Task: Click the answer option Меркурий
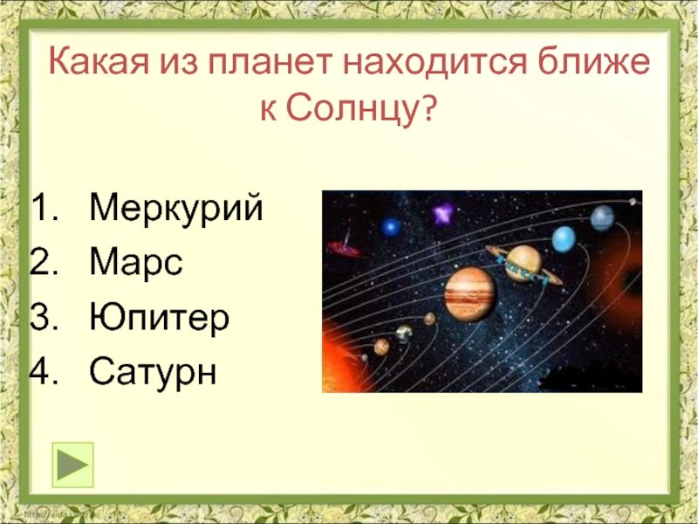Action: [x=176, y=208]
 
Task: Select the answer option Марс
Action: [x=136, y=262]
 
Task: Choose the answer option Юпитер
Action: [x=159, y=317]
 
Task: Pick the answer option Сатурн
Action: [x=153, y=371]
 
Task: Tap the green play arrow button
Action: [x=73, y=465]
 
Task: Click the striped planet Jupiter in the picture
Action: [x=469, y=294]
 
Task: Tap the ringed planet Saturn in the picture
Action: [x=524, y=265]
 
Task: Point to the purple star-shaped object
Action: [x=443, y=214]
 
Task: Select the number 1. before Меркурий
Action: [x=44, y=208]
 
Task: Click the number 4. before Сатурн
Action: [x=44, y=371]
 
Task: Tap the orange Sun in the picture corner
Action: [x=341, y=359]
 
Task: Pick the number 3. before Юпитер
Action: [x=44, y=317]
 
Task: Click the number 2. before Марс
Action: [x=44, y=262]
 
